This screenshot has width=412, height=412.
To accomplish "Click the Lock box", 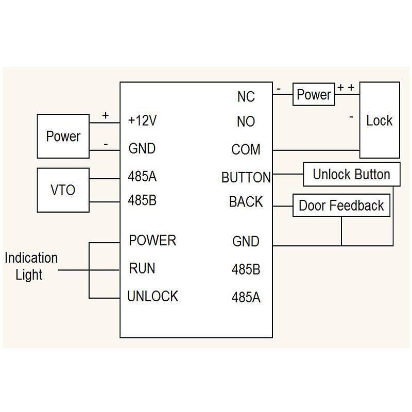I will tap(379, 120).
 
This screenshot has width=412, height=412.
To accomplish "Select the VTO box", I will tap(63, 190).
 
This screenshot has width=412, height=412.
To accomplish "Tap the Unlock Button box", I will tap(351, 175).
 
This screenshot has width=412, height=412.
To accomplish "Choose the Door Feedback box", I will tap(341, 205).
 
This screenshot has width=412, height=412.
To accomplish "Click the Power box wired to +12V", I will tap(63, 136).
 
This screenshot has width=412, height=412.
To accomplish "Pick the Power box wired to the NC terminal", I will tap(314, 95).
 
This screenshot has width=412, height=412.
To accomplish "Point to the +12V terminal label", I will tap(142, 121).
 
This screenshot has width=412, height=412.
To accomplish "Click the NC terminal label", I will tap(246, 96).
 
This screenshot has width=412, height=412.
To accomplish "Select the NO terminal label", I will tap(246, 122).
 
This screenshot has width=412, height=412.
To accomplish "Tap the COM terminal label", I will tap(246, 150).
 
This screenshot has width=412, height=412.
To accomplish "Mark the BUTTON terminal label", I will tap(246, 178).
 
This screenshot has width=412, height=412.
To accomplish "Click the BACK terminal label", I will tap(246, 202).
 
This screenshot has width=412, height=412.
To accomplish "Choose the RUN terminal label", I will tap(142, 268).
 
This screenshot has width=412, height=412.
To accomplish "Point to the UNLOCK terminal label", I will tap(152, 297).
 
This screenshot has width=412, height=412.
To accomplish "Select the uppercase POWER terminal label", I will tap(152, 241).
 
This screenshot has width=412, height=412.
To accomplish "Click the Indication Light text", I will tap(31, 266).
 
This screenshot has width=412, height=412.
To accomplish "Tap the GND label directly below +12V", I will tap(142, 149).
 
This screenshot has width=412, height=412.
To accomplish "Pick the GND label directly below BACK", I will tap(246, 241).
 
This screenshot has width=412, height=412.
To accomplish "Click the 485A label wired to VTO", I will tap(142, 177).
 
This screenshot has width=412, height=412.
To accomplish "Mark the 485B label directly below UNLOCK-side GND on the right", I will tap(246, 269).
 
